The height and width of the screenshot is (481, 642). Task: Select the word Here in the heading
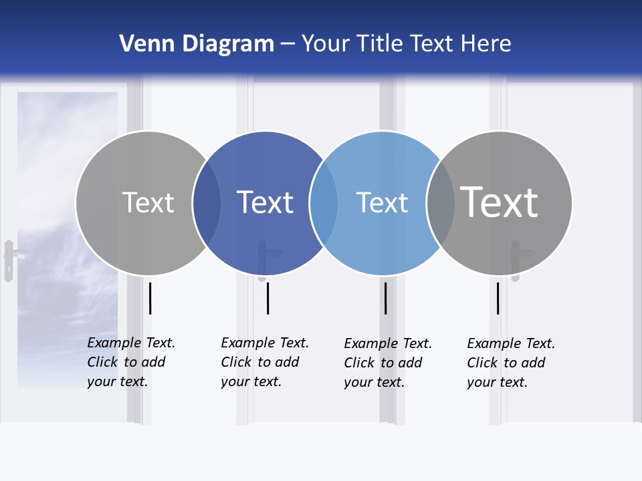pos(487,44)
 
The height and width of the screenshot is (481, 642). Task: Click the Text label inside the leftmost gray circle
pos(148,202)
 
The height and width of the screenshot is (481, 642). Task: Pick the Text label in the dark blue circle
pos(265,202)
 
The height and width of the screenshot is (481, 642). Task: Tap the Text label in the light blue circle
pos(382,202)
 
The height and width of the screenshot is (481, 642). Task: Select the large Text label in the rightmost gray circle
pos(500,202)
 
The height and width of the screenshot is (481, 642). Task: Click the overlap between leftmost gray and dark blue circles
pos(207,203)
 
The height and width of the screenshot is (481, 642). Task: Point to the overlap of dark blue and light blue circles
pos(324,203)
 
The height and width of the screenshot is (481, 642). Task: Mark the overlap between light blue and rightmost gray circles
pos(440,203)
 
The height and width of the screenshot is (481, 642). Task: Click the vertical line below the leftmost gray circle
pos(150,298)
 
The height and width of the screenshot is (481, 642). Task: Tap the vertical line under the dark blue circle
pos(267,298)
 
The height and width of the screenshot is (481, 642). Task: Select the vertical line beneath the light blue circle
pos(385,298)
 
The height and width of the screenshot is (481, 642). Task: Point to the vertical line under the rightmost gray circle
pos(498,298)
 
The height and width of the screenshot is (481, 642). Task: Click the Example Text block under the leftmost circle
pos(130,362)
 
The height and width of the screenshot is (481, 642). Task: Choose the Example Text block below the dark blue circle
pos(264,362)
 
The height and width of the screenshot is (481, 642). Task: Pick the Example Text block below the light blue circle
pos(387,363)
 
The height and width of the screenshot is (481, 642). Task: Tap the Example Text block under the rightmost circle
pos(510,363)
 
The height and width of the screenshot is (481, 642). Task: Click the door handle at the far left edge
pos(9,260)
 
